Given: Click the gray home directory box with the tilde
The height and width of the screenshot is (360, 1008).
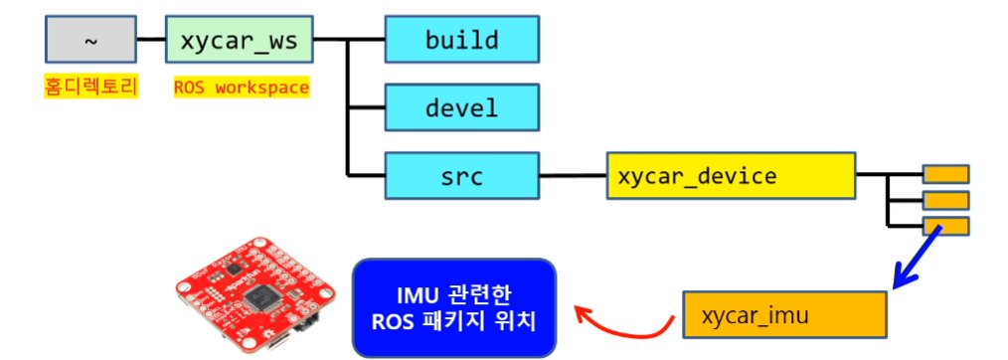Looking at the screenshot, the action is click(90, 39).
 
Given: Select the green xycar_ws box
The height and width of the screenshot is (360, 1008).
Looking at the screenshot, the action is click(240, 39).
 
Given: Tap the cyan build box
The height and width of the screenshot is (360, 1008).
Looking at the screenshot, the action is click(461, 39).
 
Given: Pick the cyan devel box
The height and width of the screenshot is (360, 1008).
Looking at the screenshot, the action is click(461, 107).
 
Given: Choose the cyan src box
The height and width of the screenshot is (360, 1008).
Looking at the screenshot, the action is click(461, 175).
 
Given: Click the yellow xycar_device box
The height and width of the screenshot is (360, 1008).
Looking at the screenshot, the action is click(731, 175).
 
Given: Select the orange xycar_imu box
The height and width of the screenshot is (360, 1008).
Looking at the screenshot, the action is click(785, 315).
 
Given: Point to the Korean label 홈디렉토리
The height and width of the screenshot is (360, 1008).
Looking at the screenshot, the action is click(90, 87).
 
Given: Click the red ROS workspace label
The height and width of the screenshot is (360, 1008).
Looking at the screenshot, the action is click(242, 87).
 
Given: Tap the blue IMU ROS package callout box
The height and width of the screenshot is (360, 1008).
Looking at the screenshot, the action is click(454, 307).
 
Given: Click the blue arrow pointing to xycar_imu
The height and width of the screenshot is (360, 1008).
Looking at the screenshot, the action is click(917, 258).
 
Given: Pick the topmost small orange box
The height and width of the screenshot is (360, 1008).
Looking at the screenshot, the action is click(945, 174).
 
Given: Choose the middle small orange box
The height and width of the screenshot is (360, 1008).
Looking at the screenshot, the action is click(945, 200).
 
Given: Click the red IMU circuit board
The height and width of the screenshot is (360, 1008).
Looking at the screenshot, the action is click(255, 293).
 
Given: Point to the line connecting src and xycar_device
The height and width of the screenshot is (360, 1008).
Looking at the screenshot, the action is click(573, 175).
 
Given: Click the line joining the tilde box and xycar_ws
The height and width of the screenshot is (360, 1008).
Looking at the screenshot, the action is click(151, 39).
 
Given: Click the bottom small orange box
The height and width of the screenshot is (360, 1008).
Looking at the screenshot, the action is click(945, 226).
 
